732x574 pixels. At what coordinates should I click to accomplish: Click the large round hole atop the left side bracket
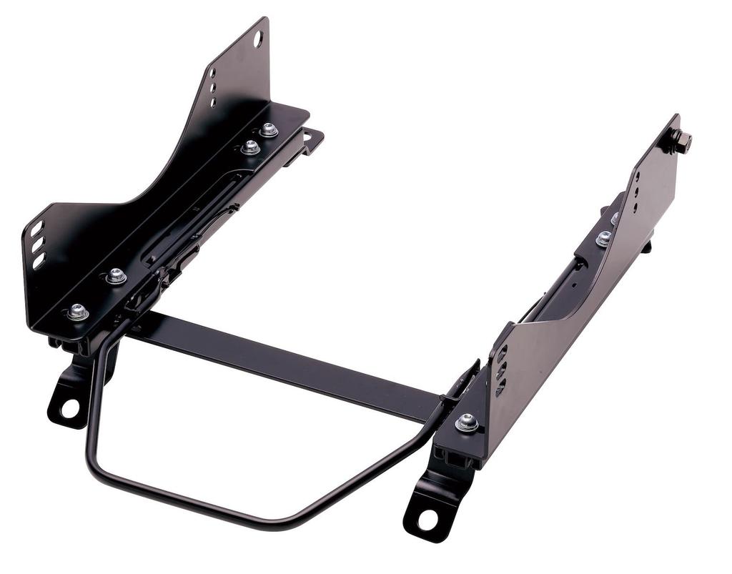tap(258, 39)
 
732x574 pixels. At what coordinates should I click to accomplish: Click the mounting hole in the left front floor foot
tap(69, 408)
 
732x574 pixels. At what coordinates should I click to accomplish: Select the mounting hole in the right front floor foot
tap(427, 520)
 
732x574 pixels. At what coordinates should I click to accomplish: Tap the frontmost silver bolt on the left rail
tap(77, 312)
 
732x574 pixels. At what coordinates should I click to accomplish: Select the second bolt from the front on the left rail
tap(116, 275)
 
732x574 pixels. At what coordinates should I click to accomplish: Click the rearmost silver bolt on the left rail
tap(269, 129)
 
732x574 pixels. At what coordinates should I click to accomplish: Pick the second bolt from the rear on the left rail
tap(250, 147)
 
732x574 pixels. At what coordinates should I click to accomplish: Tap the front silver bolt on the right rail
tap(467, 422)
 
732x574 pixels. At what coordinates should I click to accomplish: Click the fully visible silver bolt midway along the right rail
tap(604, 238)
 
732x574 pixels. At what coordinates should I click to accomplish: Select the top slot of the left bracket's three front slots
tap(36, 229)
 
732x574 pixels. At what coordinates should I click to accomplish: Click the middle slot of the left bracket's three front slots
tap(38, 244)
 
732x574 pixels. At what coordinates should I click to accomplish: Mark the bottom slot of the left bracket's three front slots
tap(39, 261)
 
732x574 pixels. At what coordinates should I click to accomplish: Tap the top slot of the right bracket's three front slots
tap(501, 354)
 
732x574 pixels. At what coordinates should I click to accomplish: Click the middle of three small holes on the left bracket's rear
tap(212, 87)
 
